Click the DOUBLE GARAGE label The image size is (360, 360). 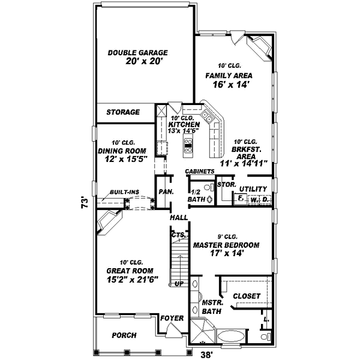(137, 53)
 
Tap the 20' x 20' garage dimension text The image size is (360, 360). (145, 62)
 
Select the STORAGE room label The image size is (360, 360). (123, 112)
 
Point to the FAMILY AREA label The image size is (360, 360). (229, 76)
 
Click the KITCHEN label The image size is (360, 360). (184, 124)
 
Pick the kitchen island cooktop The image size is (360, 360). (188, 143)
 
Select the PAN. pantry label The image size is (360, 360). (166, 192)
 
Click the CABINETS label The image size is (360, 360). (200, 172)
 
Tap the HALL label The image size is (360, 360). (179, 218)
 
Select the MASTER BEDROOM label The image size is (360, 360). (226, 245)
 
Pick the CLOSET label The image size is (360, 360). (246, 296)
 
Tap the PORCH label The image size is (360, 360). (124, 335)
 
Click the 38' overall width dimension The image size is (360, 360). (206, 355)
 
